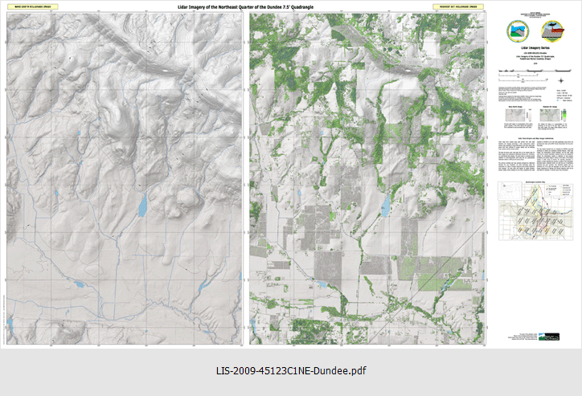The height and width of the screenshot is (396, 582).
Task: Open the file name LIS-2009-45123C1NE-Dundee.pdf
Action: click(291, 372)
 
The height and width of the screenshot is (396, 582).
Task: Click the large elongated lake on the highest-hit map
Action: click(383, 207)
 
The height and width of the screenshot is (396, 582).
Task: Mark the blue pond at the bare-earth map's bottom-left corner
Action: click(10, 325)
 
